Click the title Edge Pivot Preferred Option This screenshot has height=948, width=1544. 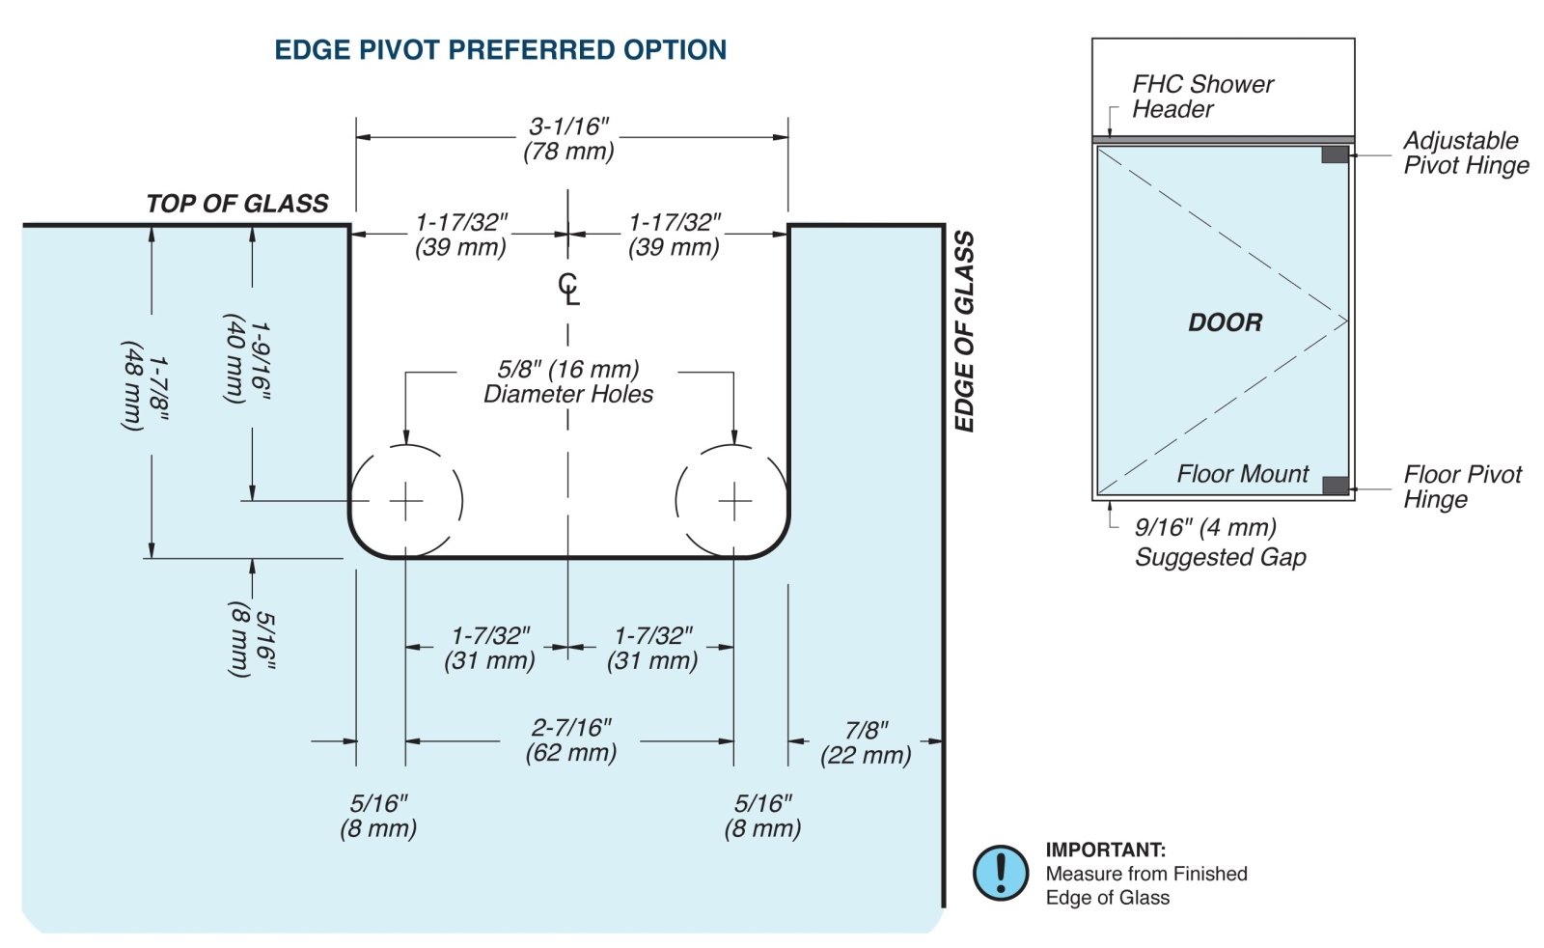[500, 50]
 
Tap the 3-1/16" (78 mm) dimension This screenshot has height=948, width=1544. [569, 139]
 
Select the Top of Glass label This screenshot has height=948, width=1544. [237, 204]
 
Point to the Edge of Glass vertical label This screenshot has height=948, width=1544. [963, 331]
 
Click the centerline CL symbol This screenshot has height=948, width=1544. [569, 289]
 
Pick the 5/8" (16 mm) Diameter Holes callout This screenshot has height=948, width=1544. [568, 381]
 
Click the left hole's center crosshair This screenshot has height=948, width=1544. [406, 501]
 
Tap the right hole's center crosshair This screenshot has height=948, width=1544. [734, 501]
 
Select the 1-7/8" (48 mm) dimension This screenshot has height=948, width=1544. [146, 385]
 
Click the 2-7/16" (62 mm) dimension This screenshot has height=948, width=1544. [571, 740]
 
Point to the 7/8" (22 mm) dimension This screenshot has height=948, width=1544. [866, 743]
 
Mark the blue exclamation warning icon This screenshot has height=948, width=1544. [1001, 873]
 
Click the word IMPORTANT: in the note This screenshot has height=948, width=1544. [1105, 850]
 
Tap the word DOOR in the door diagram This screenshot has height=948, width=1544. [1225, 322]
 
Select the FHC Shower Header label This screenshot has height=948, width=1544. [1201, 97]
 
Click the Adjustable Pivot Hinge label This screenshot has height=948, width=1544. [1465, 153]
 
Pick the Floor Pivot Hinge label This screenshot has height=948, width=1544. [1461, 487]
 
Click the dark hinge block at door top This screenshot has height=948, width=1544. [1335, 154]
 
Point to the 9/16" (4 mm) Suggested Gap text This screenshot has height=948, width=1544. [1219, 542]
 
